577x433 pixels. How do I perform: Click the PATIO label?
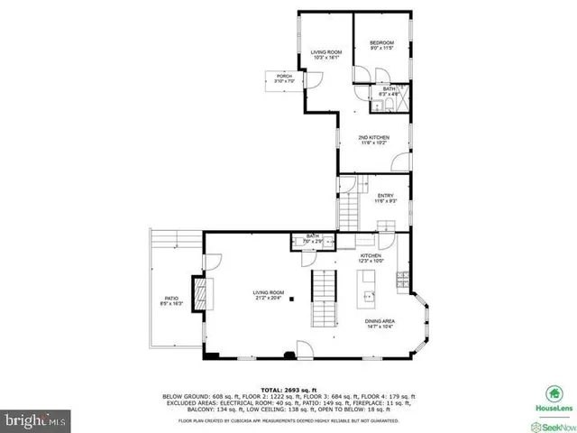pyautogui.click(x=170, y=300)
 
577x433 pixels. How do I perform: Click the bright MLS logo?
pyautogui.click(x=36, y=419)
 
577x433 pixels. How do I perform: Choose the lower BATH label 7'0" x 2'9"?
pyautogui.click(x=299, y=241)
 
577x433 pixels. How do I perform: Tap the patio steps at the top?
pyautogui.click(x=171, y=237)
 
